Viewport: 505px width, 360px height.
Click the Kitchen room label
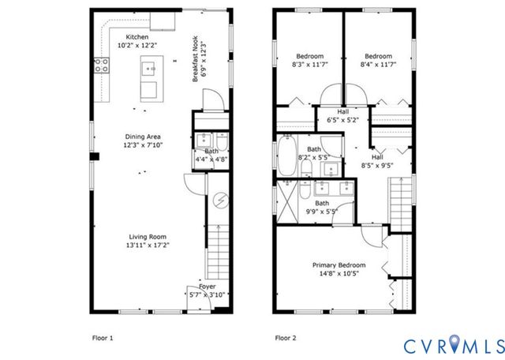[x=137, y=37]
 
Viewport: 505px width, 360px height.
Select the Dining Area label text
[x=142, y=137]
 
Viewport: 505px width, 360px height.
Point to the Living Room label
[x=148, y=237]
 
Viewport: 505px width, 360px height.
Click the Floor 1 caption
[x=103, y=338]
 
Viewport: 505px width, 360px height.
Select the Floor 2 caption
[x=285, y=338]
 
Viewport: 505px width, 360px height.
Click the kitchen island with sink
[x=148, y=80]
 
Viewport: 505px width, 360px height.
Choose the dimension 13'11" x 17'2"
[x=148, y=246]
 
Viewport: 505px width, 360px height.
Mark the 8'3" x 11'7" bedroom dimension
[x=310, y=66]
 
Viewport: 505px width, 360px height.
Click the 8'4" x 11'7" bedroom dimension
[x=378, y=66]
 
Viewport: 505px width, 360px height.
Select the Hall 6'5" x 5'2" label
[x=342, y=116]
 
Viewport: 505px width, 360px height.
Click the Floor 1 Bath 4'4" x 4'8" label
[x=211, y=156]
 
